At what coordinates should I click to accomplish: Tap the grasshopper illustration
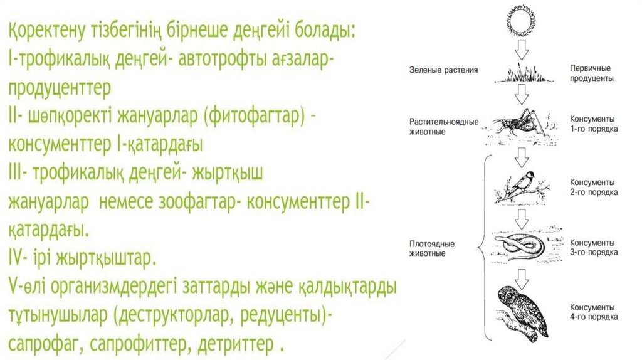(518, 122)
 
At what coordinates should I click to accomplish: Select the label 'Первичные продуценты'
(591, 73)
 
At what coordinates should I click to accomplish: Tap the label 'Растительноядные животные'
(444, 127)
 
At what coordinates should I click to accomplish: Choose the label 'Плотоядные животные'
(432, 248)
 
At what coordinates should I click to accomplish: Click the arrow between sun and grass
(520, 52)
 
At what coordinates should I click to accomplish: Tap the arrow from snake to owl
(520, 277)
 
